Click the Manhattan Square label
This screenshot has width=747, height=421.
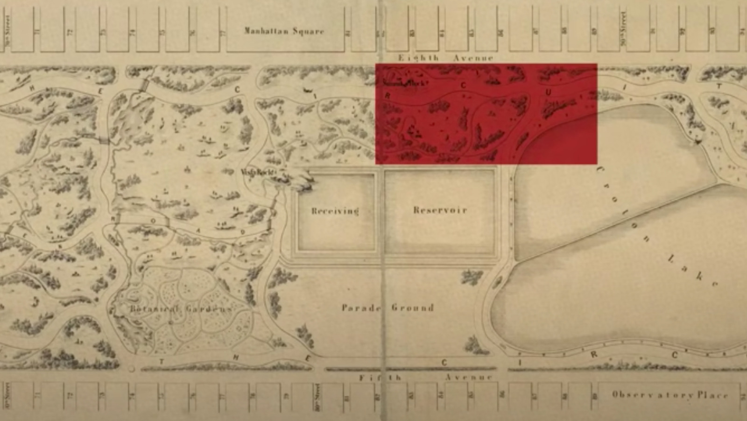(x=284, y=31)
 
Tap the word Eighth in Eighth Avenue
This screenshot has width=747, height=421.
(x=418, y=58)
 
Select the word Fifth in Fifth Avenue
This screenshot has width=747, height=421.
(x=380, y=378)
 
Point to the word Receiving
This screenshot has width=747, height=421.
(x=335, y=211)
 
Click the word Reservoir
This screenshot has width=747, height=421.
(x=440, y=210)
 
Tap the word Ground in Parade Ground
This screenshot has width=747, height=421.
(x=412, y=308)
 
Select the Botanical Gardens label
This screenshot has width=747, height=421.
(x=180, y=309)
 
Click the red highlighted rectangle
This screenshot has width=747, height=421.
(x=486, y=114)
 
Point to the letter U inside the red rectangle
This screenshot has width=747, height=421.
(x=548, y=93)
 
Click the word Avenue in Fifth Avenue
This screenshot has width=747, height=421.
(x=469, y=378)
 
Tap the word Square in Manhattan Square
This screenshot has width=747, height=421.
(x=308, y=31)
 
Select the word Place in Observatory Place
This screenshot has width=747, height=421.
(x=712, y=395)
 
